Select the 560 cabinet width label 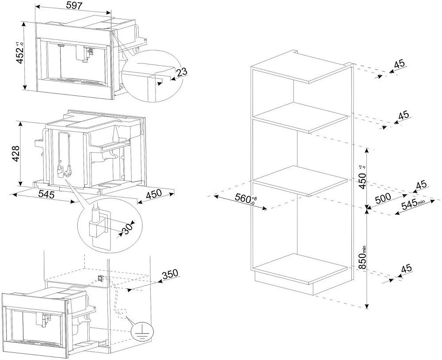click(244, 199)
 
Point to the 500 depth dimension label click(382, 197)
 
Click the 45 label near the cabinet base click(406, 268)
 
